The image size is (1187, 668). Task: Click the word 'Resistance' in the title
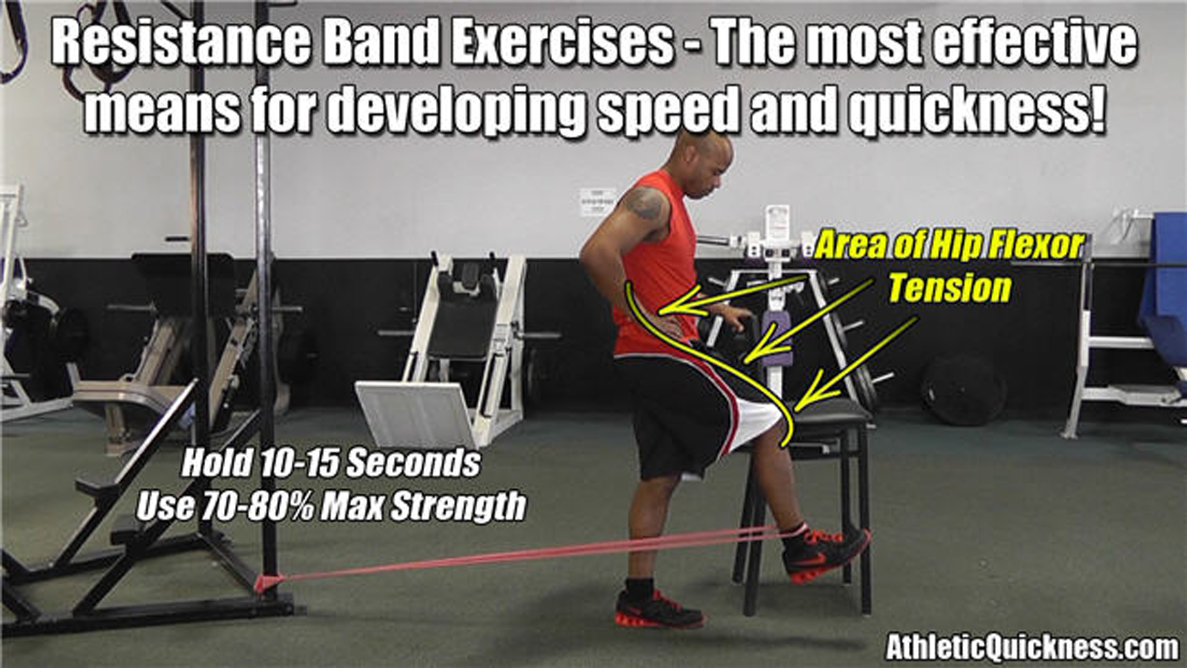[x=179, y=45]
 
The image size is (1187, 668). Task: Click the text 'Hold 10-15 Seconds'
[x=331, y=463]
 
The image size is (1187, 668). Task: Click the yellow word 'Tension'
[x=950, y=288]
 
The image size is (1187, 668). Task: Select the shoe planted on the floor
[x=657, y=609]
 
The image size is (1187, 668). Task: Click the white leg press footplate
[x=415, y=412]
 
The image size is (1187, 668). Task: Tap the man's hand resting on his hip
[x=671, y=322]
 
